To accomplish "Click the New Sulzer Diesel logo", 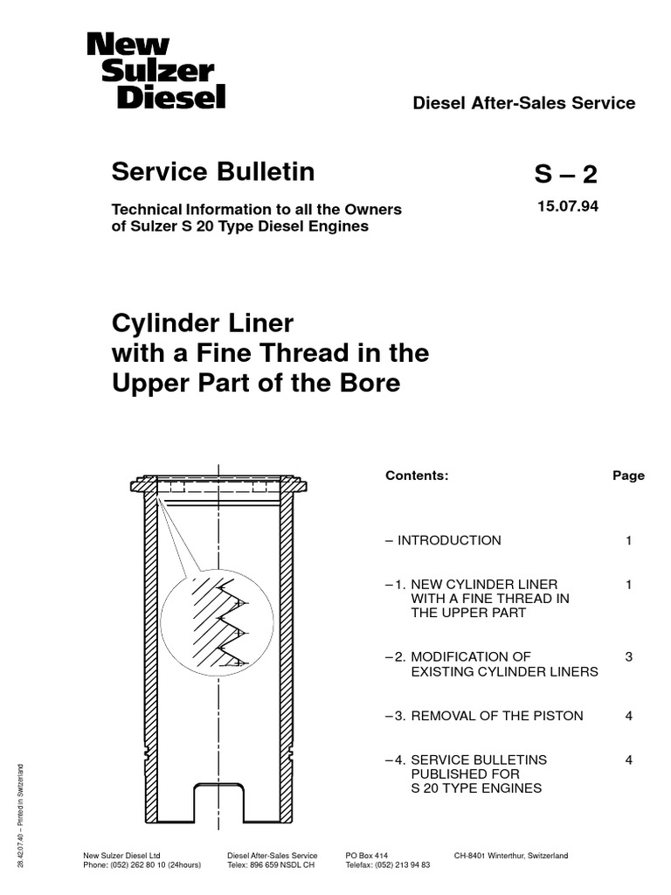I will (x=156, y=71).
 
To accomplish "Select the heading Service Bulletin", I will (x=212, y=172).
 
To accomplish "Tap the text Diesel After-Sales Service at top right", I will (x=523, y=103).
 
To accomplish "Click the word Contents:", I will (x=417, y=475).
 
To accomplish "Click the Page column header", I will (x=628, y=475).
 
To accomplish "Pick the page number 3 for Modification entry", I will (x=628, y=656).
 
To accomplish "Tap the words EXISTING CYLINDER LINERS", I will (x=504, y=671).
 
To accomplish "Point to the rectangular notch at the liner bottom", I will (x=218, y=800).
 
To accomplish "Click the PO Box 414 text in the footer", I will (x=366, y=855).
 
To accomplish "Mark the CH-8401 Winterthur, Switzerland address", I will (x=511, y=855).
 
